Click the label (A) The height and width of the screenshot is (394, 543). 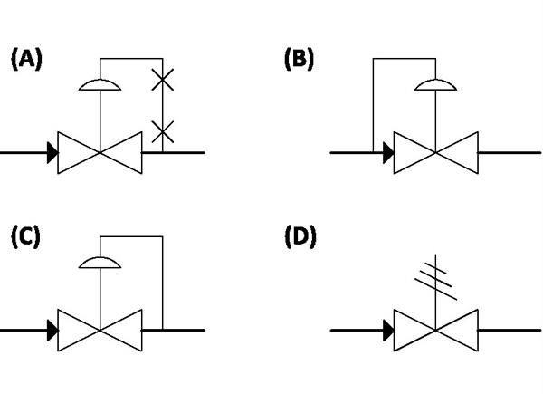tap(26, 60)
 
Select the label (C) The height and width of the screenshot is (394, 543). tap(26, 237)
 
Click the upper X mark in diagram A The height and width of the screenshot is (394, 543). tap(162, 82)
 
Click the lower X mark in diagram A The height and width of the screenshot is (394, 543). tap(162, 132)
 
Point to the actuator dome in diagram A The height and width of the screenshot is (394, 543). tap(100, 84)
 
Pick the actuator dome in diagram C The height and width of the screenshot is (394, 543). tap(100, 262)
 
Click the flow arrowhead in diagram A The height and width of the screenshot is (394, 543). tap(52, 152)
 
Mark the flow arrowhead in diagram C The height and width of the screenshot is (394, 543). tap(52, 330)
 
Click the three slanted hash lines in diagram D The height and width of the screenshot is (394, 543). tap(434, 275)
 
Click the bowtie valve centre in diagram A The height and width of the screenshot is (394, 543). tap(100, 152)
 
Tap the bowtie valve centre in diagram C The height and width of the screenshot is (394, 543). tap(100, 330)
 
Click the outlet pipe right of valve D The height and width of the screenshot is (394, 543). tap(507, 330)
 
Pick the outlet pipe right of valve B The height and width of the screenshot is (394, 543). tap(507, 152)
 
